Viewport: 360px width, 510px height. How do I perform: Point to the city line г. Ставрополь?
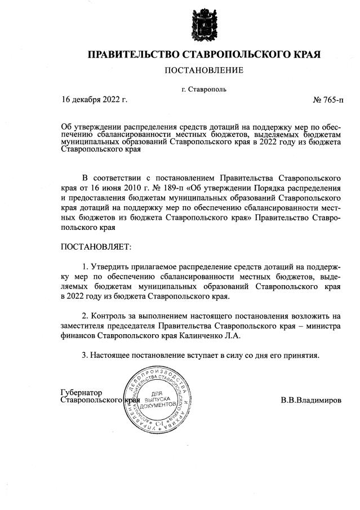[204, 89]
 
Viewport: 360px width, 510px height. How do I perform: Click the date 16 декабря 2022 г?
[95, 100]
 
